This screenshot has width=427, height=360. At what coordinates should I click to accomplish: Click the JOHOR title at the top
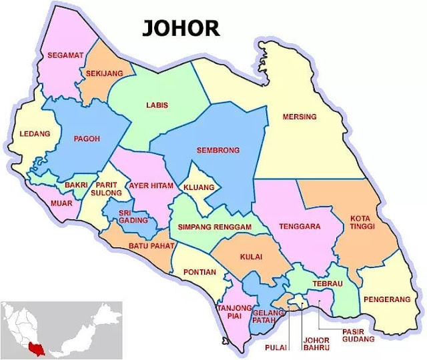point(179,28)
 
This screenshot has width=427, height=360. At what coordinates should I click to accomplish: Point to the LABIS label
point(157,105)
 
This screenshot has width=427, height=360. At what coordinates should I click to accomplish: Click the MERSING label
point(300,117)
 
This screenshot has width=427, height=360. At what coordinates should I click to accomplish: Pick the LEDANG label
point(35,133)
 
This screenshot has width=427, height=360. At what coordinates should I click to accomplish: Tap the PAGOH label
point(87,139)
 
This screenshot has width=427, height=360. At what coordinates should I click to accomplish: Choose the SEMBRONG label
point(218,150)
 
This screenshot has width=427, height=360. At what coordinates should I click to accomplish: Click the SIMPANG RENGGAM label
point(213,227)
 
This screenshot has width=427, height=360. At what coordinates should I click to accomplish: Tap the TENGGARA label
point(300,226)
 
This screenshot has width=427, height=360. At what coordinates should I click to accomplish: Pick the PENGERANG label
point(388,300)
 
